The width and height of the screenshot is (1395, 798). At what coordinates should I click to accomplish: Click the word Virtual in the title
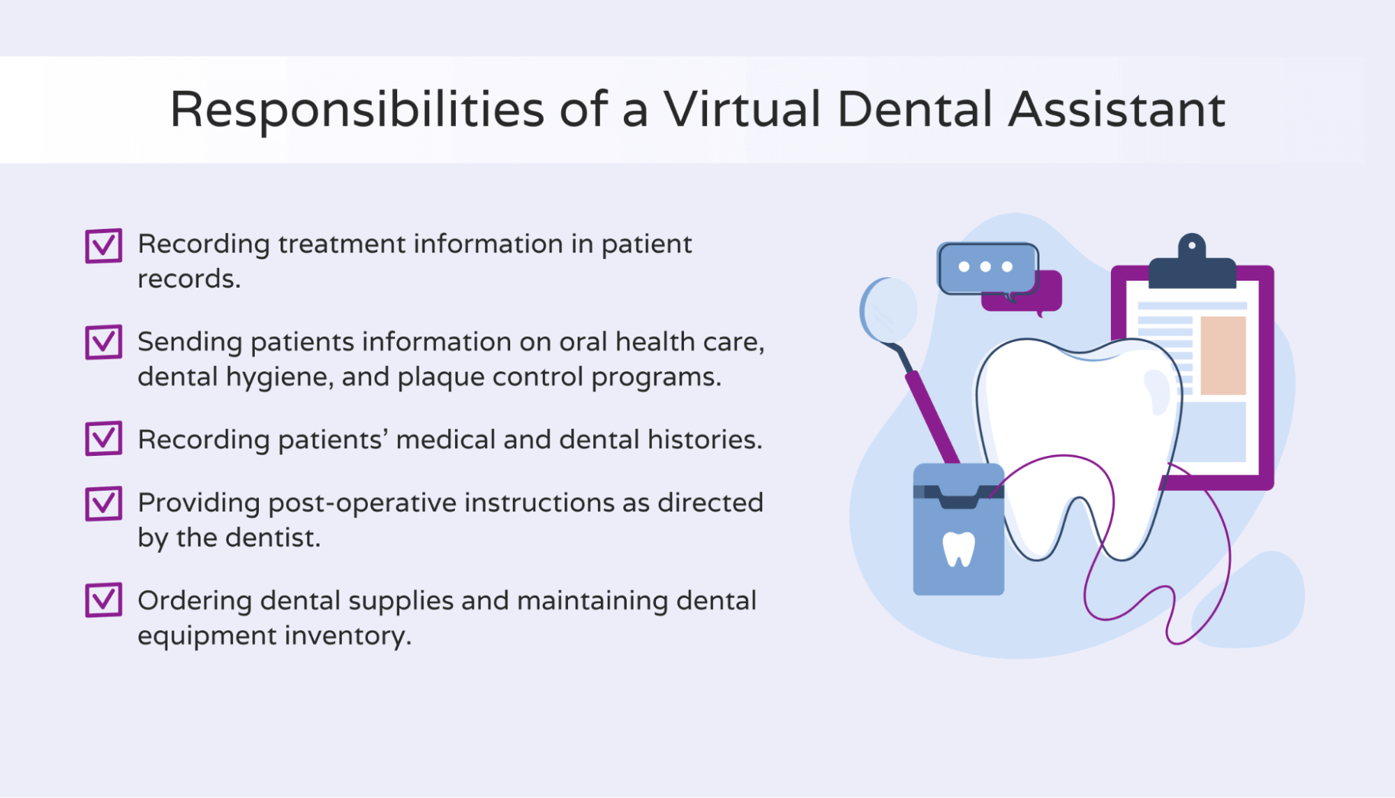(741, 110)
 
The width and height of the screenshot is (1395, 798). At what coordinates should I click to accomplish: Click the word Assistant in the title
(1117, 110)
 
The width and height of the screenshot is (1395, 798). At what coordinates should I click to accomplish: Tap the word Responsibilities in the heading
(357, 110)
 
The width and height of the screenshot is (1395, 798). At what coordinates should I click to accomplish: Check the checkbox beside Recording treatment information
(103, 246)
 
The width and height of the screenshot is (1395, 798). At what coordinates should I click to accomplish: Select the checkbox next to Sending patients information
(103, 342)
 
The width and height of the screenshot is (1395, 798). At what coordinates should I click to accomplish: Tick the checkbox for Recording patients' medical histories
(103, 438)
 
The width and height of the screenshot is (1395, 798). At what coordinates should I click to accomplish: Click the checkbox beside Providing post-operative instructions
(103, 503)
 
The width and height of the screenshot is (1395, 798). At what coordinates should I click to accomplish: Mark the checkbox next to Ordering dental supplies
(103, 600)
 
